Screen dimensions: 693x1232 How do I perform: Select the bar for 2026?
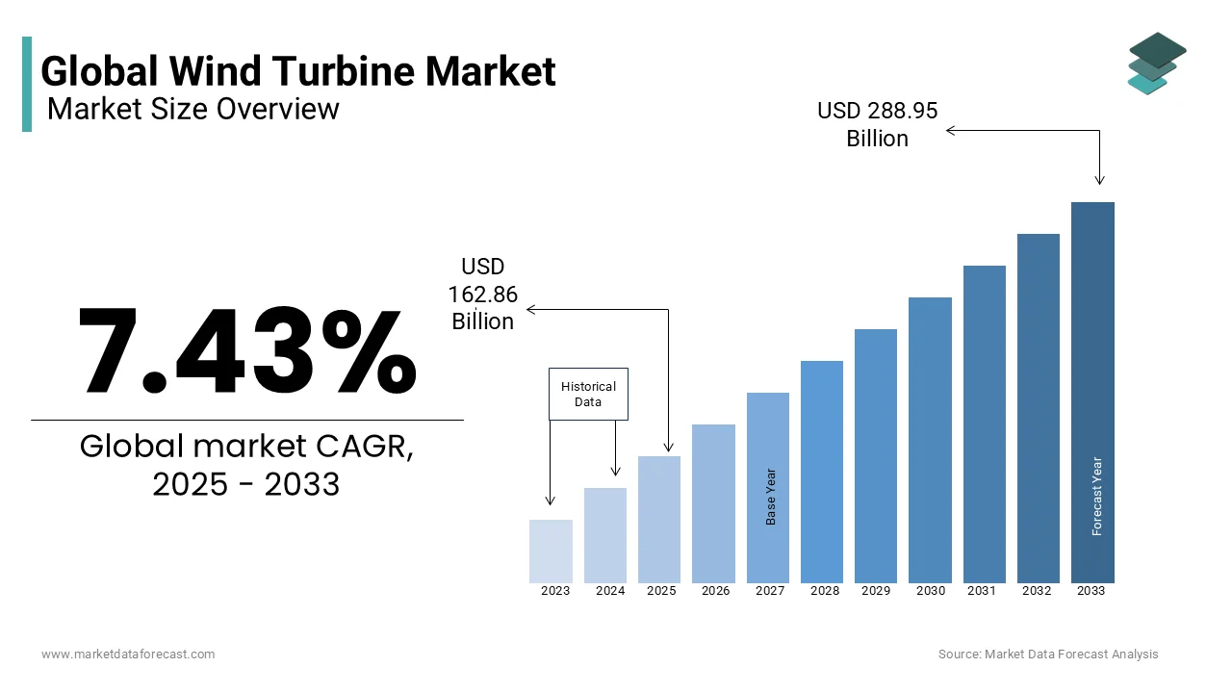coord(713,503)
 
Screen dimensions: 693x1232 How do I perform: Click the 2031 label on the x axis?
coord(982,591)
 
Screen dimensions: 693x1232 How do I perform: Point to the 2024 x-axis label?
coord(610,591)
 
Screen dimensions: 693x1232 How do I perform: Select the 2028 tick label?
coord(825,591)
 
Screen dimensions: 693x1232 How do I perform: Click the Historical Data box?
coord(588,394)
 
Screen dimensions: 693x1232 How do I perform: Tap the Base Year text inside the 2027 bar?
coord(771,497)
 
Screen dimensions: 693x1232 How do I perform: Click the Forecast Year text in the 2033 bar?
coord(1096,496)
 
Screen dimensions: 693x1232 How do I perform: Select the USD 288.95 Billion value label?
coord(877,125)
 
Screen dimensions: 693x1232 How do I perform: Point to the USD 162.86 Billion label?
coord(483,294)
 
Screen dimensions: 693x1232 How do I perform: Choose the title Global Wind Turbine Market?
coord(298,71)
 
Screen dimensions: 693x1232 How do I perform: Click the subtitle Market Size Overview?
coord(192,109)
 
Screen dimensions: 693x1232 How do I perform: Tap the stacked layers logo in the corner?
coord(1157,63)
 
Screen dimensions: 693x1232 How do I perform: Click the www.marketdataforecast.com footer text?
coord(128,654)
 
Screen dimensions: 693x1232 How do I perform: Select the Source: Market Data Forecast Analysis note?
coord(1048,654)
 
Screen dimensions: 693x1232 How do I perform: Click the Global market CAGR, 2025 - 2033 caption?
coord(246,465)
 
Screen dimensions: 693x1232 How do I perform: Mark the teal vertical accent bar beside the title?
coord(27,84)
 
